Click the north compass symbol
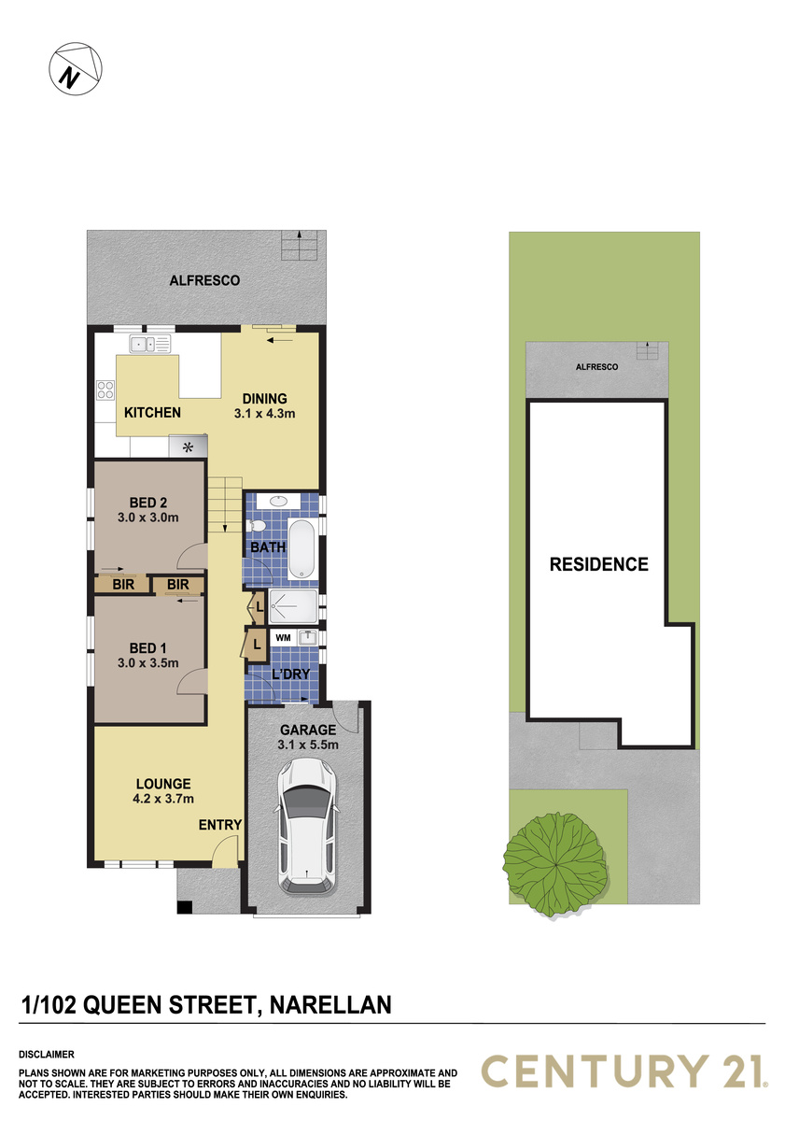[76, 68]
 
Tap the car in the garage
[306, 826]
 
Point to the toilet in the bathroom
[257, 526]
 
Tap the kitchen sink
[150, 344]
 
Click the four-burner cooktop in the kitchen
[105, 390]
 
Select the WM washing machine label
[283, 637]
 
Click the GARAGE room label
[308, 730]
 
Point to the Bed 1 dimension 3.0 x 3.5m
[148, 662]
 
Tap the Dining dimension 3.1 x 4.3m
[264, 413]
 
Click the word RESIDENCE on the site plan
[599, 564]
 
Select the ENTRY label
[220, 824]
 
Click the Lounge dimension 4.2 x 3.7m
[163, 798]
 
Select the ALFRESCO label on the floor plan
[204, 280]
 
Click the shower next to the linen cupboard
[293, 606]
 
